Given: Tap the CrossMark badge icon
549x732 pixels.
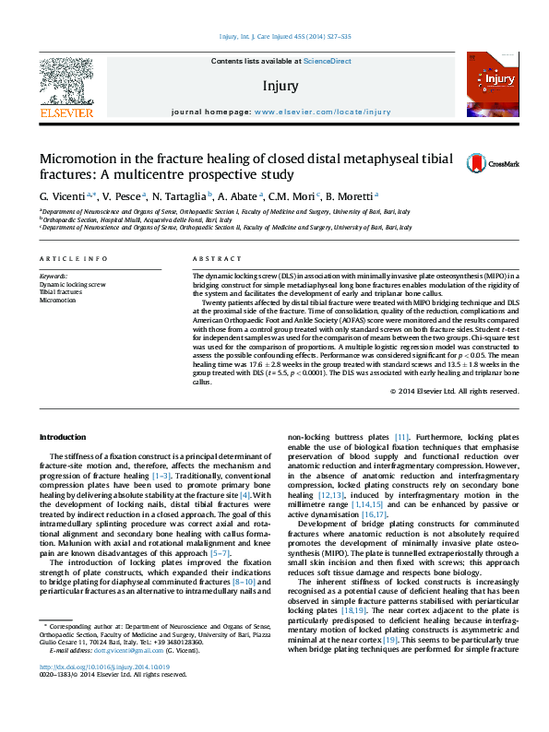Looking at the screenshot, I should point(481,162).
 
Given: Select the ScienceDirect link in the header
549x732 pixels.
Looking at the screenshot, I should point(328,61).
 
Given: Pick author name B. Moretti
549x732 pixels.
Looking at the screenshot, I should point(349,196).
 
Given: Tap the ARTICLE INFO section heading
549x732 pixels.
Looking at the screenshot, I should point(73,259).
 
